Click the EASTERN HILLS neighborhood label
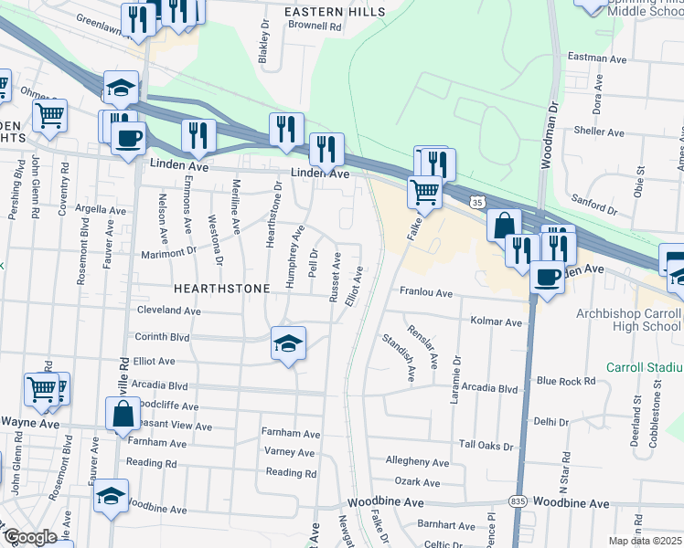(x=333, y=11)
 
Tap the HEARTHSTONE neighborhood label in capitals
(x=222, y=289)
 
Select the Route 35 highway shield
(x=476, y=200)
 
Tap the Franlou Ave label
(x=425, y=293)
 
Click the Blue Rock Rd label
(x=566, y=380)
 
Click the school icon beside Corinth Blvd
(x=288, y=343)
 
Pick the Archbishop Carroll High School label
(x=628, y=320)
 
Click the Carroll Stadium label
(x=645, y=367)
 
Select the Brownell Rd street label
(x=314, y=27)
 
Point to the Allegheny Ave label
(x=417, y=463)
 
